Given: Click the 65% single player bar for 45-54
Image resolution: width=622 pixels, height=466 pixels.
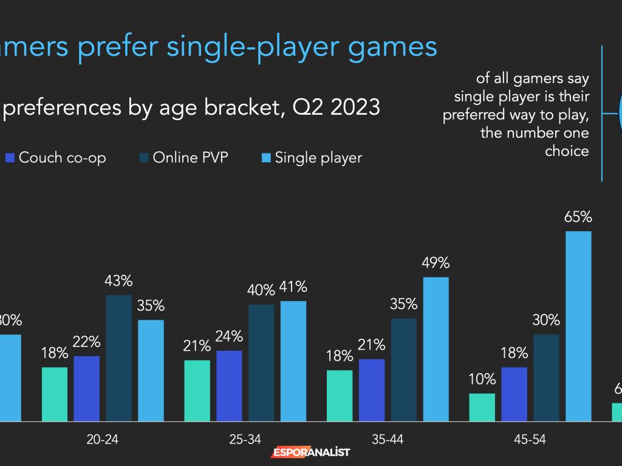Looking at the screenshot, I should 578,326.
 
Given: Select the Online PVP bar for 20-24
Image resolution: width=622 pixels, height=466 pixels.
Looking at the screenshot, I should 118,358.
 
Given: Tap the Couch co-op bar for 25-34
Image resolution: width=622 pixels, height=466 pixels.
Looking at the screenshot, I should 229,385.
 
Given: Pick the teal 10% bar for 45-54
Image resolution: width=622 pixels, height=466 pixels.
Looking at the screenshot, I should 482,407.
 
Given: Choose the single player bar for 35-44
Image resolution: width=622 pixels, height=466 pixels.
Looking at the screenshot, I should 436,349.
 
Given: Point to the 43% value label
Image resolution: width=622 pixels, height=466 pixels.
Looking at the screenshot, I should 118,282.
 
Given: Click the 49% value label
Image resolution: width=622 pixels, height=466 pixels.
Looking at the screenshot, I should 436,263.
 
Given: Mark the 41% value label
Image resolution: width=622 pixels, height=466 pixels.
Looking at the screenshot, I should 293,287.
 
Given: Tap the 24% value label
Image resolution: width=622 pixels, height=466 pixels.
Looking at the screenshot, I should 229,337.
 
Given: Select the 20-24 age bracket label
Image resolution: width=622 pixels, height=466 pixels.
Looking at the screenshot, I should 103,440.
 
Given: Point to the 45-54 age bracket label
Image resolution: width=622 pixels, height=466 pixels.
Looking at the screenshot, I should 530,440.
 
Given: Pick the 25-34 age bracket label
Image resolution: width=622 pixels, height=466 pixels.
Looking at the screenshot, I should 245,440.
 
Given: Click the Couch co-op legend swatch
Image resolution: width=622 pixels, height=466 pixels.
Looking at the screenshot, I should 10,158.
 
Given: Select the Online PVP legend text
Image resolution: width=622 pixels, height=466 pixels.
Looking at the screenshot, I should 191,158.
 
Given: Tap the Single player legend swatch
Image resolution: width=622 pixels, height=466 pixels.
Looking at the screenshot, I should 265,158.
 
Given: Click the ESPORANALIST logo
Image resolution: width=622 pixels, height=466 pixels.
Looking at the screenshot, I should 310,453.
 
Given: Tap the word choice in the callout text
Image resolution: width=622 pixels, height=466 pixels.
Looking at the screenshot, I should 567,150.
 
